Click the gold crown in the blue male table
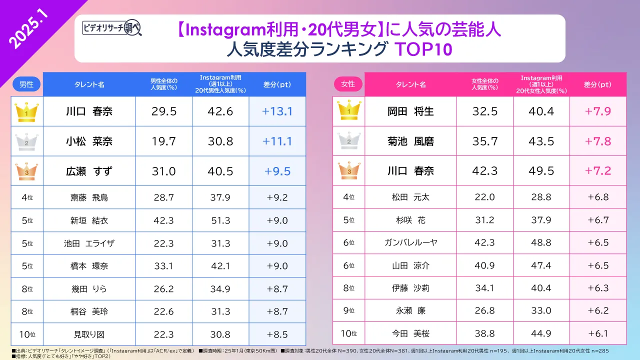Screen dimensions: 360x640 coord(23,111)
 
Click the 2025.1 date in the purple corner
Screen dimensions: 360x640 coord(28,30)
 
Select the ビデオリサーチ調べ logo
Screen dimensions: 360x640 coord(112,28)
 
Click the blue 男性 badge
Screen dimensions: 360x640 coord(26,84)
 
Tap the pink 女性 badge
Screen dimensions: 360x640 coord(347,84)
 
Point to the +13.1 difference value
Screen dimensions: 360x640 coord(277,111)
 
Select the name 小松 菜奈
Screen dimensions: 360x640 coord(89,141)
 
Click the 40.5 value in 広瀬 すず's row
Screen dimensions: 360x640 coord(220,171)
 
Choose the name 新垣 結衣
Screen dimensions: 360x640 coord(89,220)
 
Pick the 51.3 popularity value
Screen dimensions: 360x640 coord(220,220)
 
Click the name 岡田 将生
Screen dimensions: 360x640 coord(410,111)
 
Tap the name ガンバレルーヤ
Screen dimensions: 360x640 coord(410,242)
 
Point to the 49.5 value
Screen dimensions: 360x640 coord(541,171)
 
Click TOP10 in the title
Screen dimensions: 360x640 coord(423,50)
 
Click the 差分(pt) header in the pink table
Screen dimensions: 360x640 coord(597,84)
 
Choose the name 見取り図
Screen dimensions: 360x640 coord(89,333)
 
